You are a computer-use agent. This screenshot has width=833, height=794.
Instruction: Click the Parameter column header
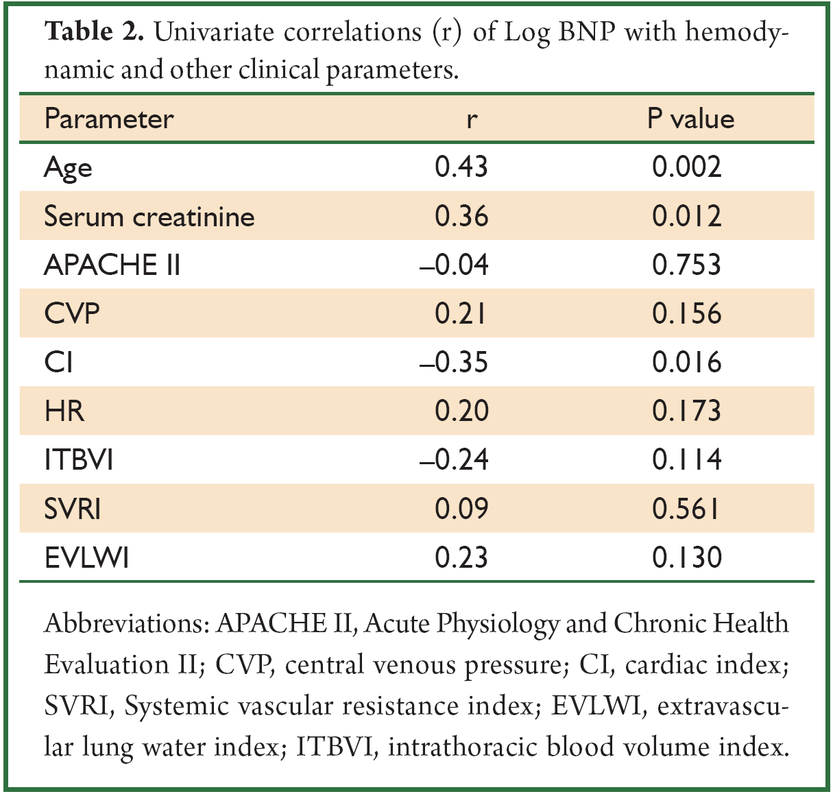(x=109, y=119)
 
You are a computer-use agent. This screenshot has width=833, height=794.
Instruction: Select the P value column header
(x=690, y=119)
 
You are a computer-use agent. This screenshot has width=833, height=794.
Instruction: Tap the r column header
(x=472, y=121)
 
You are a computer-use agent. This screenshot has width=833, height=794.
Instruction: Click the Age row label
(x=68, y=168)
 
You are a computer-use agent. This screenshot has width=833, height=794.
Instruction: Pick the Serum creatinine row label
(x=149, y=216)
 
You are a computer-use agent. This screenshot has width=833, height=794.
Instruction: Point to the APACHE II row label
(x=112, y=265)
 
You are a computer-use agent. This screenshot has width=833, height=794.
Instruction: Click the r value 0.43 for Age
(x=461, y=167)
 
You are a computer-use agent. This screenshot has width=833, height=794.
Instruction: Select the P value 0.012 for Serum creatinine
(x=686, y=216)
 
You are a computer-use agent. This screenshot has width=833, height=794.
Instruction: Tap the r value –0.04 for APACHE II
(x=454, y=265)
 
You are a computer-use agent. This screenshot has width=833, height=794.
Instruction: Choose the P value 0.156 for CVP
(x=686, y=314)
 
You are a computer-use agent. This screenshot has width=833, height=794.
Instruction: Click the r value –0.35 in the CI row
(x=454, y=363)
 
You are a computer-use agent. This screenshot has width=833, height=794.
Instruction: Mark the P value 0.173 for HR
(x=686, y=411)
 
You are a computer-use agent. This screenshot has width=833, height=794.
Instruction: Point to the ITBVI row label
(x=79, y=460)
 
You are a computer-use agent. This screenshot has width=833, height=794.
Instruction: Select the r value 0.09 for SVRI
(x=461, y=509)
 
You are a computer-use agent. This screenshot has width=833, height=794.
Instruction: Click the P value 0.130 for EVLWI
(x=686, y=557)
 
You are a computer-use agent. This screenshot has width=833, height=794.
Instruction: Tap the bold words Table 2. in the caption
(x=94, y=32)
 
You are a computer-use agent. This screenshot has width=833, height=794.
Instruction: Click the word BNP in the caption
(x=586, y=32)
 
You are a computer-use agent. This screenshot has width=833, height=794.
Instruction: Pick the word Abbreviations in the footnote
(x=127, y=623)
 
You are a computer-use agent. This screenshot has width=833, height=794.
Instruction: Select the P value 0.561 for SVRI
(x=685, y=509)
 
